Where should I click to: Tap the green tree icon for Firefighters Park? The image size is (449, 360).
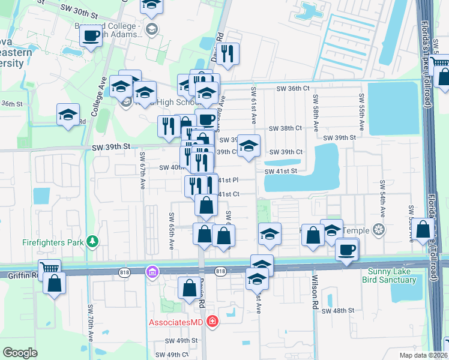[92, 242]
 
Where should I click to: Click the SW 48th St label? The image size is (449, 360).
[338, 310]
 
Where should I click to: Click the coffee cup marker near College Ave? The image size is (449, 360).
[91, 35]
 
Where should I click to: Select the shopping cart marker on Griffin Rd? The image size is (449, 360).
[49, 269]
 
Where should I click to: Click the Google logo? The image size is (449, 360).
[20, 352]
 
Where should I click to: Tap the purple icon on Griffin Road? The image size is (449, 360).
[152, 272]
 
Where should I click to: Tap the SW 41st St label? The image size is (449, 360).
[282, 171]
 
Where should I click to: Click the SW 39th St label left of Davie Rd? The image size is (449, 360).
[111, 146]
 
